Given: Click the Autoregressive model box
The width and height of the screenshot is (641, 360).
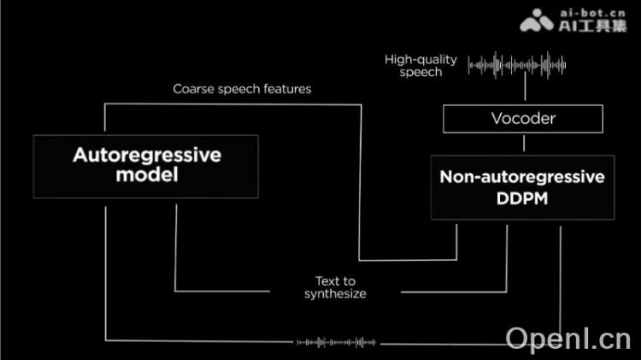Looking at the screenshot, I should tap(146, 166).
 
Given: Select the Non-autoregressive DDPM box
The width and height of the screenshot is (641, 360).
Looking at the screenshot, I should tap(522, 188).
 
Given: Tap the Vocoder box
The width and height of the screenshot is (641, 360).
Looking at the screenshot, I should tap(523, 119).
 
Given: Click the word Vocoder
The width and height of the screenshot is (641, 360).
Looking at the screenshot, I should tap(523, 119).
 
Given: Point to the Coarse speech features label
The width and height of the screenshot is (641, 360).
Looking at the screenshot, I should tap(242, 88).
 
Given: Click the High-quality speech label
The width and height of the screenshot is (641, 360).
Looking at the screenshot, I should tap(420, 66).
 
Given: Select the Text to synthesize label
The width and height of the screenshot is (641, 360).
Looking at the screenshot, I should tap(335, 287).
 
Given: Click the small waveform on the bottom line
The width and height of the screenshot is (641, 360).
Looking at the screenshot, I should tap(336, 343).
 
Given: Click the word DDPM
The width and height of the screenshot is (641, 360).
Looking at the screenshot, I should tap(522, 198).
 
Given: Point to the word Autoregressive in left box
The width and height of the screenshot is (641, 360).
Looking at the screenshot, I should tap(147, 156).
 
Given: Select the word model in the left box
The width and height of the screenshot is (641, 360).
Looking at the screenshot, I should tap(146, 176).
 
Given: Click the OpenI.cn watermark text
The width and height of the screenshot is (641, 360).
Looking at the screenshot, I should tap(567, 339).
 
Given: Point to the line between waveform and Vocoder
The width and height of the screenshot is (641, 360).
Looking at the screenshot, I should tap(524, 91).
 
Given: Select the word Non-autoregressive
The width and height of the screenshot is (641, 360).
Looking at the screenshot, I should tap(522, 178).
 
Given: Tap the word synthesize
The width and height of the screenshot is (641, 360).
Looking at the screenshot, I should tap(335, 294).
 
